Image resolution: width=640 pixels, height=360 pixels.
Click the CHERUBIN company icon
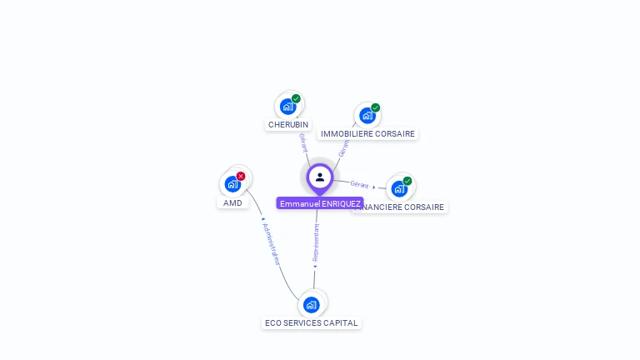click(288, 107)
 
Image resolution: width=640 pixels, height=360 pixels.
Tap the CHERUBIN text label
click(288, 125)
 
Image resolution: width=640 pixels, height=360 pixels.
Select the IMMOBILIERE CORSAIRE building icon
click(367, 116)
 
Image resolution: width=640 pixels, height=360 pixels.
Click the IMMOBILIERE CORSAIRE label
click(367, 134)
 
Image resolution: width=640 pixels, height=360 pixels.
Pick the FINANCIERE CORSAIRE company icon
click(399, 188)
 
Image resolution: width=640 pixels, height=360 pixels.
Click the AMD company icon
click(232, 183)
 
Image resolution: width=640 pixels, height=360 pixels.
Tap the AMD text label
click(232, 203)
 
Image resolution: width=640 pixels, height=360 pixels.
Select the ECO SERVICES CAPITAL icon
click(312, 304)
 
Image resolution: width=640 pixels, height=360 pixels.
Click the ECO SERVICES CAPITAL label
click(312, 323)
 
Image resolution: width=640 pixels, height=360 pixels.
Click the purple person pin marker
click(320, 177)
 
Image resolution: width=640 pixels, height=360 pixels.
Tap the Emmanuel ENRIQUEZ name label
click(320, 204)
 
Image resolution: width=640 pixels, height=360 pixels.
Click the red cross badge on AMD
click(241, 176)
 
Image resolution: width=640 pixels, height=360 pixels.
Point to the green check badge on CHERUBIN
click(296, 98)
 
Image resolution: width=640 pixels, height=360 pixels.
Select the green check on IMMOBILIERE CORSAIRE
click(376, 107)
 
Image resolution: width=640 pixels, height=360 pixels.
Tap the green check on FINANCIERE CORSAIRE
click(407, 181)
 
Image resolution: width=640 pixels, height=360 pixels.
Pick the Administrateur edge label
click(272, 243)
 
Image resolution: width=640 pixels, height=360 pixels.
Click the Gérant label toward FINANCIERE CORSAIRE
click(359, 184)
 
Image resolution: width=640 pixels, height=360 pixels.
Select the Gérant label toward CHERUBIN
click(303, 142)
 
